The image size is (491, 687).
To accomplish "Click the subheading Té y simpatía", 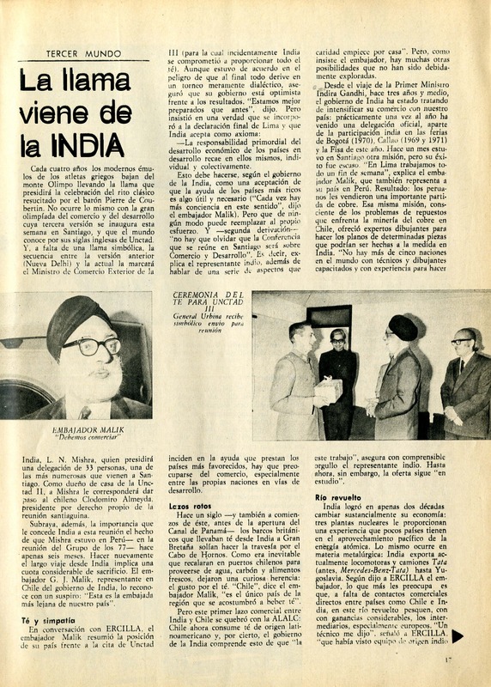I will tap(44, 622).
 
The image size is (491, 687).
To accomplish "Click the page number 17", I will tap(473, 660).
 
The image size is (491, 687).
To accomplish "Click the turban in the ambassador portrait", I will tap(77, 317).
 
